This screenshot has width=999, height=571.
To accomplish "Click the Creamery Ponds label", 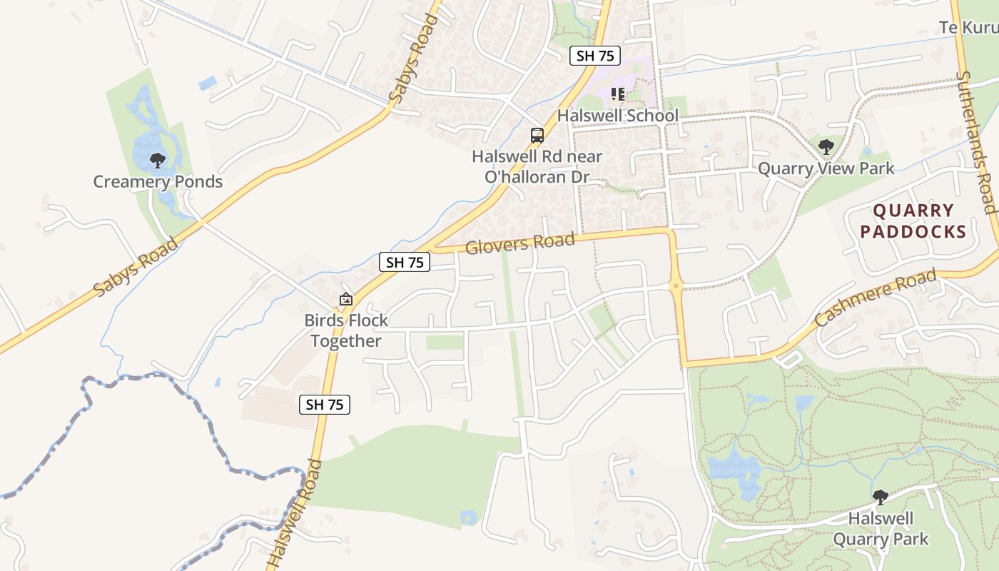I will point(158,182).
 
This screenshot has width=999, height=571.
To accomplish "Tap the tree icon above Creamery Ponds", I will point(158,160).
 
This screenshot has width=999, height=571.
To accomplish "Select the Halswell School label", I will point(617,116).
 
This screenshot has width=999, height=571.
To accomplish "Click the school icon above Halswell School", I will point(618,94).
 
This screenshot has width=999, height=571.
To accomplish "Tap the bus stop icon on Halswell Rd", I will point(537,136).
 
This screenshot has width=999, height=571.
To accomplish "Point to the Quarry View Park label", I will point(826,168).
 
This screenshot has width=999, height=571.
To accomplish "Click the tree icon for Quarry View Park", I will point(826,147).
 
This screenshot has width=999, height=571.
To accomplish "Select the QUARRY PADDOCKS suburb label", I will point(913,221).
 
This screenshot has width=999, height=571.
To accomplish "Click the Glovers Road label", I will point(519,243).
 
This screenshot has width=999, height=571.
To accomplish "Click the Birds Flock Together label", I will point(346,330).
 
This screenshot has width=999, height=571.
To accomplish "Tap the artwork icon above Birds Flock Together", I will point(346,300).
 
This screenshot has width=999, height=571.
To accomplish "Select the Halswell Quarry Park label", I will point(881,528).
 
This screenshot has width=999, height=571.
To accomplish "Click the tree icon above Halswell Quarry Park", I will point(881,497).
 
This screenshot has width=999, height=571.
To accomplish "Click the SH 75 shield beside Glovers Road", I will point(405,263).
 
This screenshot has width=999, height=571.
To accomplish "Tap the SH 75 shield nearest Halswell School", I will point(594,56).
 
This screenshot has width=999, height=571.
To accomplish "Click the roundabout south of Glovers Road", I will point(675,287).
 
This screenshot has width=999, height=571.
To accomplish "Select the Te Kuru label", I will point(968,28).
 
